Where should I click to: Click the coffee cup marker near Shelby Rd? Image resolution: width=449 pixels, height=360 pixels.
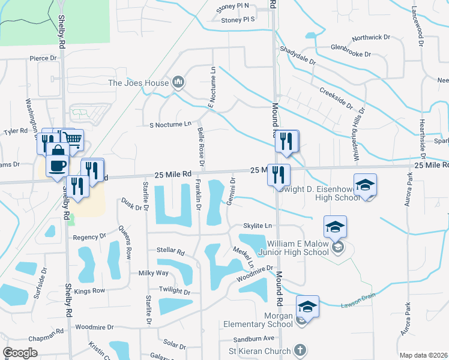coord(58,165)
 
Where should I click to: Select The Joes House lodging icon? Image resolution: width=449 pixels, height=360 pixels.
coord(178,82)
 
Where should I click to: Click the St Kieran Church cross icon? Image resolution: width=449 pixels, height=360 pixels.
coord(300,350)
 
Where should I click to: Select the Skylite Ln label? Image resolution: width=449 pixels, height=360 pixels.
coord(258,226)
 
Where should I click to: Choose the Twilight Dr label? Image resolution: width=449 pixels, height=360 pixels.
coord(174,291)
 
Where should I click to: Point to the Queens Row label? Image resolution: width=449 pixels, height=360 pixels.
coord(125,242)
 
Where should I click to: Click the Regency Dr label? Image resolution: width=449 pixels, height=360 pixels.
coord(89,237)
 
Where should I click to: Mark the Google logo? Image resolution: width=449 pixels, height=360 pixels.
coord(20,353)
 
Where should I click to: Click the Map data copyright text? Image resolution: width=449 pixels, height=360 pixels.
coord(423,355)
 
